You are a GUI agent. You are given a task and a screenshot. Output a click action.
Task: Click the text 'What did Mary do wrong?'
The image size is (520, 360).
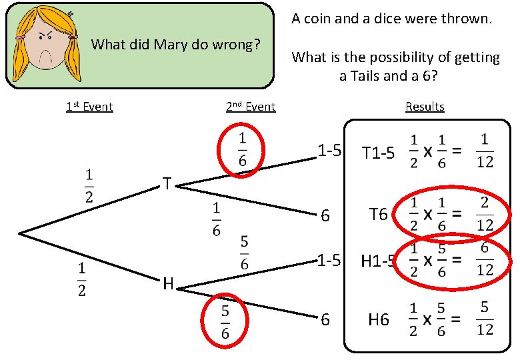(175, 45)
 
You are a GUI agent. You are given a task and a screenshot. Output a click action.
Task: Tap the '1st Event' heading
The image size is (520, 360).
(89, 107)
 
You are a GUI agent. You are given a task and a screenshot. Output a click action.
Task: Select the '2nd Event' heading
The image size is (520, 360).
(251, 107)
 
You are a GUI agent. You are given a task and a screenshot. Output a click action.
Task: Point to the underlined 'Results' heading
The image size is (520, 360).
(425, 107)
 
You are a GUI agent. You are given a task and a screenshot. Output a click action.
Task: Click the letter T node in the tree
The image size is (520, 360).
(167, 183)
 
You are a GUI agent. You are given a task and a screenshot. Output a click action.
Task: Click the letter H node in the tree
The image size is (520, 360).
(168, 284)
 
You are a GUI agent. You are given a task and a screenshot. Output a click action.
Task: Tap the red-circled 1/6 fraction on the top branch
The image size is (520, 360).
(241, 149)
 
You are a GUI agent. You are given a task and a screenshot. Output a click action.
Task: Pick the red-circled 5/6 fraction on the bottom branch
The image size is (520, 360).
(225, 321)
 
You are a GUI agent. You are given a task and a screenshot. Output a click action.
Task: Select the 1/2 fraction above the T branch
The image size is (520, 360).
(89, 185)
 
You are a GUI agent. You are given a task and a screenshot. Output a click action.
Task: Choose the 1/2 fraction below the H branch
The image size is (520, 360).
(81, 279)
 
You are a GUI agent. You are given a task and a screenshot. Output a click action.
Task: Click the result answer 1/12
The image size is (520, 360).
(485, 151)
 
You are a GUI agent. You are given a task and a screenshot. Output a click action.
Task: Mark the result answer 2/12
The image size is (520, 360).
(485, 213)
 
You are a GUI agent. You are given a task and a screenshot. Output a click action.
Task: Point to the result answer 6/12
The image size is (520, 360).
(485, 259)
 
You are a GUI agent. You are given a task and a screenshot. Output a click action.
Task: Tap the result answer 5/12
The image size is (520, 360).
(485, 318)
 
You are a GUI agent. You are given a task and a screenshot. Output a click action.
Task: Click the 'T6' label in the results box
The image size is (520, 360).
(379, 214)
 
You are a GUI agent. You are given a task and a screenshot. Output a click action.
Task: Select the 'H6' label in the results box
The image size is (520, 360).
(379, 320)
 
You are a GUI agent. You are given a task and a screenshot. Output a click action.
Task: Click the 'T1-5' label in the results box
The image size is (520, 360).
(378, 153)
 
